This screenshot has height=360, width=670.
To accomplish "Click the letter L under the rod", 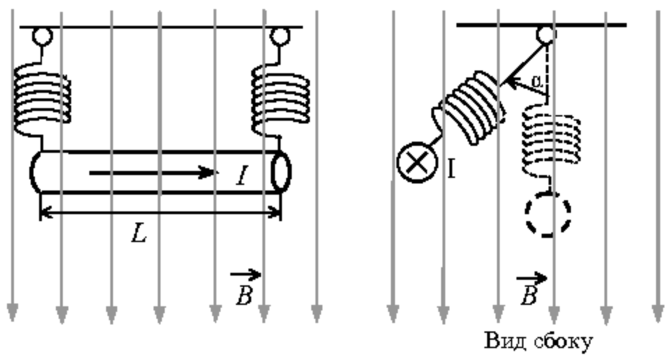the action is (139, 234).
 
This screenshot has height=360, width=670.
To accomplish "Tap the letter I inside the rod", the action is (242, 176).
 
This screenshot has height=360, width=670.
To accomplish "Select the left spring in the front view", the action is (42, 99).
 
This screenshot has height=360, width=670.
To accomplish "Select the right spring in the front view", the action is (281, 99).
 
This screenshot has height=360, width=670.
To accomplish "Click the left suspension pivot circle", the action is (43, 36).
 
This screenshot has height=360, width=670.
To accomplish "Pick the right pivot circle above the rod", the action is (280, 36).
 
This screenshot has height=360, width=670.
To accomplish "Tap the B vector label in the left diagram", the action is (245, 287).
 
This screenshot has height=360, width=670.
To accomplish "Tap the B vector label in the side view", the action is (530, 289).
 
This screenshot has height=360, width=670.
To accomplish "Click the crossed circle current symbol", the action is (417, 163).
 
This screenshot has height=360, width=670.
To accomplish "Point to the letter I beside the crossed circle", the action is (451, 169).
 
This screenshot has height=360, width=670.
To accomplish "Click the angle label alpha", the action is (537, 80).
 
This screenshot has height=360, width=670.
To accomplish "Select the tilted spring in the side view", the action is (468, 108).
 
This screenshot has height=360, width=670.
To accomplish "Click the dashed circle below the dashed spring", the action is (549, 213).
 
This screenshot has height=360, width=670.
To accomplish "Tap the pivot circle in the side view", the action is (546, 35).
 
